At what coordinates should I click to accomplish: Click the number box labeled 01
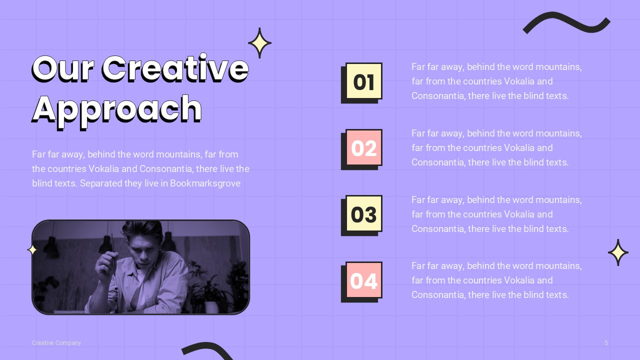click(363, 81)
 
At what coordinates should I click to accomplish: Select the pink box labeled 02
click(363, 148)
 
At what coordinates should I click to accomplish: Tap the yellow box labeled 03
click(363, 214)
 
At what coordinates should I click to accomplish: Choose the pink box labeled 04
click(363, 280)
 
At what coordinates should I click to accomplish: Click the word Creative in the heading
click(175, 68)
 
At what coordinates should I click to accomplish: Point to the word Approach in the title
click(117, 108)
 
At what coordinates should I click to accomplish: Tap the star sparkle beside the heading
click(259, 43)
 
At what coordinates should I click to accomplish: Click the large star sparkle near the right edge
click(618, 252)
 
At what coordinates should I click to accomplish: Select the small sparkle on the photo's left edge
click(32, 249)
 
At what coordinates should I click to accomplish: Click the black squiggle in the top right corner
click(566, 23)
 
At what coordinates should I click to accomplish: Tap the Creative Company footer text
click(56, 343)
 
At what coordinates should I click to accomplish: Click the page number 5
click(606, 343)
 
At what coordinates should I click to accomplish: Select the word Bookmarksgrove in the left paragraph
click(205, 183)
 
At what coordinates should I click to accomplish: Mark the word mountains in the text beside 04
click(558, 265)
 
